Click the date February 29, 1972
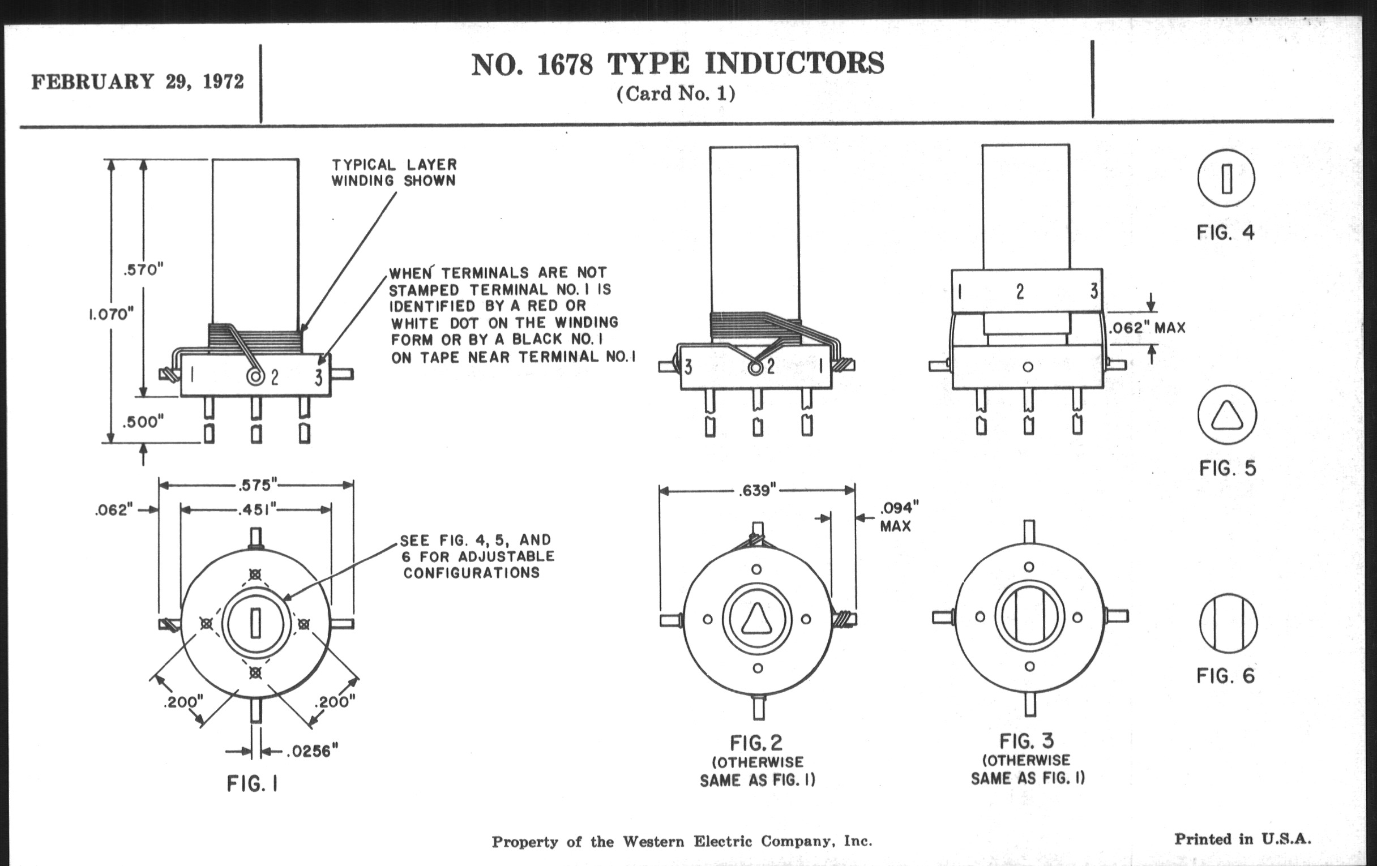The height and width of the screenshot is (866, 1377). pyautogui.click(x=137, y=82)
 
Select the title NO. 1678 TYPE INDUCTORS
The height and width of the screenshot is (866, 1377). pyautogui.click(x=677, y=64)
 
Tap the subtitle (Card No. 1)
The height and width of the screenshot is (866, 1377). pyautogui.click(x=676, y=93)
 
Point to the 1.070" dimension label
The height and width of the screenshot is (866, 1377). pyautogui.click(x=112, y=314)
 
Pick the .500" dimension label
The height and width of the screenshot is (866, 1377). pyautogui.click(x=143, y=422)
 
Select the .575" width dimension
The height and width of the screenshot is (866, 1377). pyautogui.click(x=256, y=485)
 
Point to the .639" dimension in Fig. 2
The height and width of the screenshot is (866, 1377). pyautogui.click(x=756, y=490)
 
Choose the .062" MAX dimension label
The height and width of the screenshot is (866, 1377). pyautogui.click(x=1147, y=328)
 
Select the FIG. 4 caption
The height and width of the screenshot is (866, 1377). pyautogui.click(x=1225, y=233)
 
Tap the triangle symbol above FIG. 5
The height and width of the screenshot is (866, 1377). pyautogui.click(x=1227, y=415)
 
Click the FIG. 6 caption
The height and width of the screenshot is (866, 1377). pyautogui.click(x=1225, y=676)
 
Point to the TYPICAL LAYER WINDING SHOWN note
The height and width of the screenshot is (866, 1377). pyautogui.click(x=394, y=173)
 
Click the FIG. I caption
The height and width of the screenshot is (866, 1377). pyautogui.click(x=252, y=784)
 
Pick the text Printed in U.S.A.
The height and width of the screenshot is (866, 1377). pyautogui.click(x=1243, y=839)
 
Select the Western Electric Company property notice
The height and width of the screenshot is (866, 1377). pyautogui.click(x=682, y=842)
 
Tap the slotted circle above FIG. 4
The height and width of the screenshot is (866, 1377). pyautogui.click(x=1226, y=178)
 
